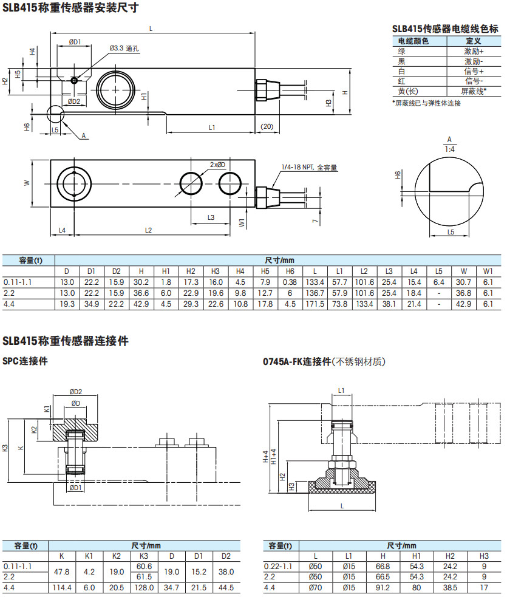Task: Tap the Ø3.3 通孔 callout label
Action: (x=125, y=48)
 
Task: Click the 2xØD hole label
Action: (x=217, y=165)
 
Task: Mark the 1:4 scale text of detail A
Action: (x=450, y=148)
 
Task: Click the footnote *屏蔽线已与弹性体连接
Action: (x=426, y=103)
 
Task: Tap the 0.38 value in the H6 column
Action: (x=290, y=282)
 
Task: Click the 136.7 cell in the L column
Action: (x=315, y=293)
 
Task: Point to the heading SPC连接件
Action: (x=26, y=361)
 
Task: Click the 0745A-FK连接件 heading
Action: (x=296, y=361)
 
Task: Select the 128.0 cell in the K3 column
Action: (x=144, y=588)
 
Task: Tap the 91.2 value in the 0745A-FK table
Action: (x=383, y=588)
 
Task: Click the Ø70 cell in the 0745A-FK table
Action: (x=315, y=588)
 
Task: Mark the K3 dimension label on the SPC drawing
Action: (x=5, y=448)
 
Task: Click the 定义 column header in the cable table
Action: (x=474, y=41)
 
